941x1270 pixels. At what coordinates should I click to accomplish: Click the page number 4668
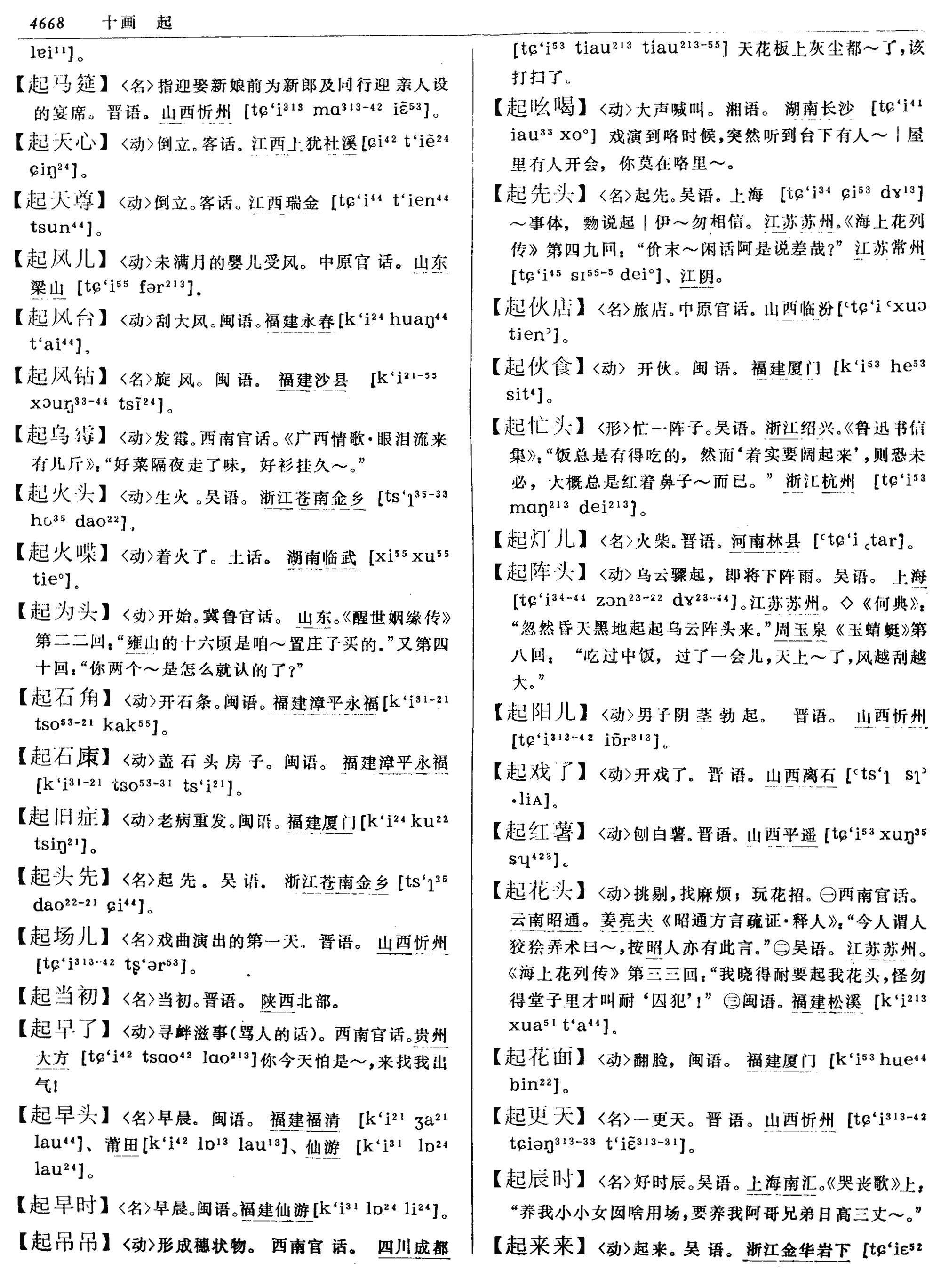click(47, 23)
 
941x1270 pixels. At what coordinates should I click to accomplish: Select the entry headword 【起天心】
click(62, 143)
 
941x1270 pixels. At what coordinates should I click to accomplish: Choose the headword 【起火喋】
click(62, 553)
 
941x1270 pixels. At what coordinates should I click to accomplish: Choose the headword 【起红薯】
click(539, 833)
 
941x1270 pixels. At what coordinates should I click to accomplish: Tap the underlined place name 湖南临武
click(321, 556)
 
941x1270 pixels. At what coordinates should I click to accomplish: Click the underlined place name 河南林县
click(766, 541)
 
